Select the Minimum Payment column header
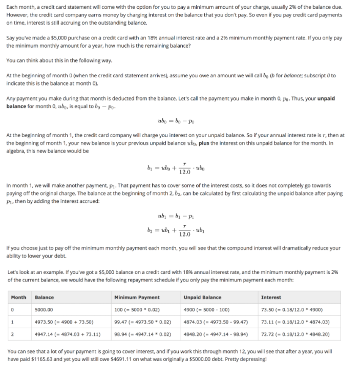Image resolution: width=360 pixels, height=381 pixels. [137, 297]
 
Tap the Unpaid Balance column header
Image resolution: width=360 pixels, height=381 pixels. [202, 297]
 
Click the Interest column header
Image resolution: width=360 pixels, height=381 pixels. [270, 297]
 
